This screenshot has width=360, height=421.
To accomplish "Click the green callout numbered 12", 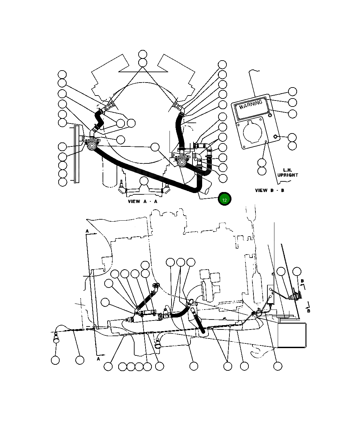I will [x=224, y=199].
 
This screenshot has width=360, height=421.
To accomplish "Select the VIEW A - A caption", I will [x=143, y=201].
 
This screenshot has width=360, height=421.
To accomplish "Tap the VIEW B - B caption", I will [x=269, y=190].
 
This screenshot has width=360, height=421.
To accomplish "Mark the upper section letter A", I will [x=87, y=231].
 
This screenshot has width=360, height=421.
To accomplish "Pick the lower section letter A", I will [x=98, y=359].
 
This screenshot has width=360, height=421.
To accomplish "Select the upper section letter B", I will [x=302, y=281].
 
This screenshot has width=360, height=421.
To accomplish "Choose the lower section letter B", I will [x=308, y=311].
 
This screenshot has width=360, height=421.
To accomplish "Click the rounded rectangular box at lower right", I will [x=291, y=335].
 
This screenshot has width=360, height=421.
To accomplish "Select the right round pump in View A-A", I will [x=181, y=162].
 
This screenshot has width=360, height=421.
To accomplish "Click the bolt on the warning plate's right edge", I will [x=275, y=137].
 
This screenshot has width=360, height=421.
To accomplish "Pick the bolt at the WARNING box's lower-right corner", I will [x=270, y=115].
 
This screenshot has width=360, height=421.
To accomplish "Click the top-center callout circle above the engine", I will [x=143, y=55].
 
